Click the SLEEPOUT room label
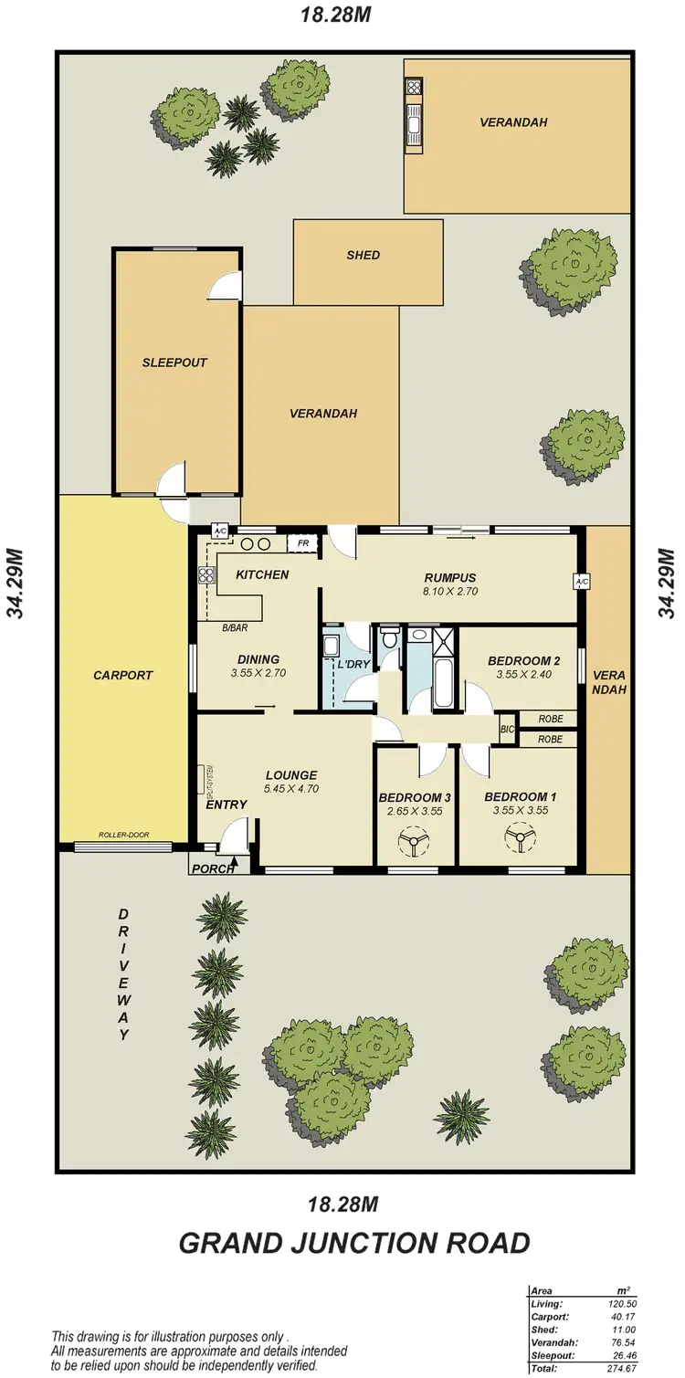pos(174,363)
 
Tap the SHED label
pos(363,256)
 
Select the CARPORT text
pos(122,676)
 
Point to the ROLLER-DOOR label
pos(124,835)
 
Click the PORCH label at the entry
pos(211,868)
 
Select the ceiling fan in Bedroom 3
pos(414,840)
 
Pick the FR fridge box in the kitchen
pos(302,544)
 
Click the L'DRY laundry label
pos(353,665)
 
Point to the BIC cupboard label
pos(507,729)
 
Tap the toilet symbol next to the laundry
pos(390,636)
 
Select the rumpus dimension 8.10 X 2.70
pos(451,591)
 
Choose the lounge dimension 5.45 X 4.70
pos(291,789)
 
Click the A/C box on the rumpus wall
pos(581,580)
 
